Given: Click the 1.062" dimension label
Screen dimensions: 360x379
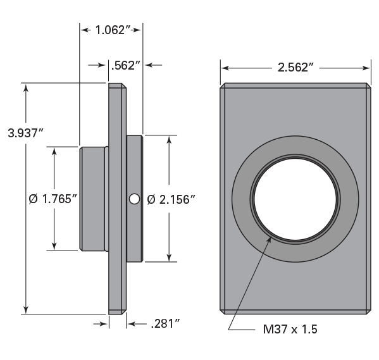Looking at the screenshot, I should pos(111,28).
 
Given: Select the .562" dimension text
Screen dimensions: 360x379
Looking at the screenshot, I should pos(124,65).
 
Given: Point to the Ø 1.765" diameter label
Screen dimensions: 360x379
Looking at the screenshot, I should pos(53,199).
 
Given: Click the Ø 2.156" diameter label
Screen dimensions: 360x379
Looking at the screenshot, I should pos(170,199).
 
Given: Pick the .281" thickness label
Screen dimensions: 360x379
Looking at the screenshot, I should pos(166,324).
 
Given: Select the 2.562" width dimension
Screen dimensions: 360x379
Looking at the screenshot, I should pos(295,68).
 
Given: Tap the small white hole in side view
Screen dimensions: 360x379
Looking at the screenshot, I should pos(133,199).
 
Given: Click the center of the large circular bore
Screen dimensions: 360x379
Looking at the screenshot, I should pos(295,199).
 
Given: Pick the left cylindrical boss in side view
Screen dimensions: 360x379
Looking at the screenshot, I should pos(92,199).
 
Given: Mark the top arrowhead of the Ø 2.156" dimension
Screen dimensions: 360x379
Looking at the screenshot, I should pos(170,139).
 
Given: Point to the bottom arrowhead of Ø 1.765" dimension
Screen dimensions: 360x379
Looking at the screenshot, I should pos(55,246).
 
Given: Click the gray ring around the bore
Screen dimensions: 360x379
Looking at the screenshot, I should pos(242,199).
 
